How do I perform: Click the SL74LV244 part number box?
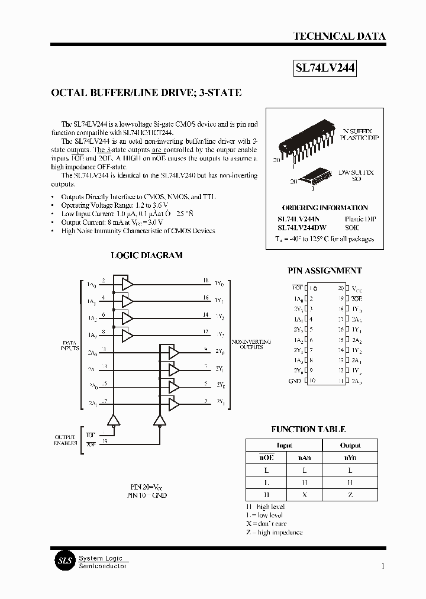[325, 68]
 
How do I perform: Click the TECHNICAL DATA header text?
[339, 37]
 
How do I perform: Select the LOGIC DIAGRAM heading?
[147, 255]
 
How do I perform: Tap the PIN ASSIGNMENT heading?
[325, 270]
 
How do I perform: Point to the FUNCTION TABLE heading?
[308, 429]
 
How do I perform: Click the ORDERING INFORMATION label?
[325, 208]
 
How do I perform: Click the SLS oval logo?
[63, 561]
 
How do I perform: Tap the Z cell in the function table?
[350, 495]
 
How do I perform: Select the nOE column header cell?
[266, 458]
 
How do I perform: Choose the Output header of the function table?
[350, 445]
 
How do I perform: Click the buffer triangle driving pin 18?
[127, 285]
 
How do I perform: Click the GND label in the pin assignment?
[294, 381]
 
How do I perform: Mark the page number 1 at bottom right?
[383, 566]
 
